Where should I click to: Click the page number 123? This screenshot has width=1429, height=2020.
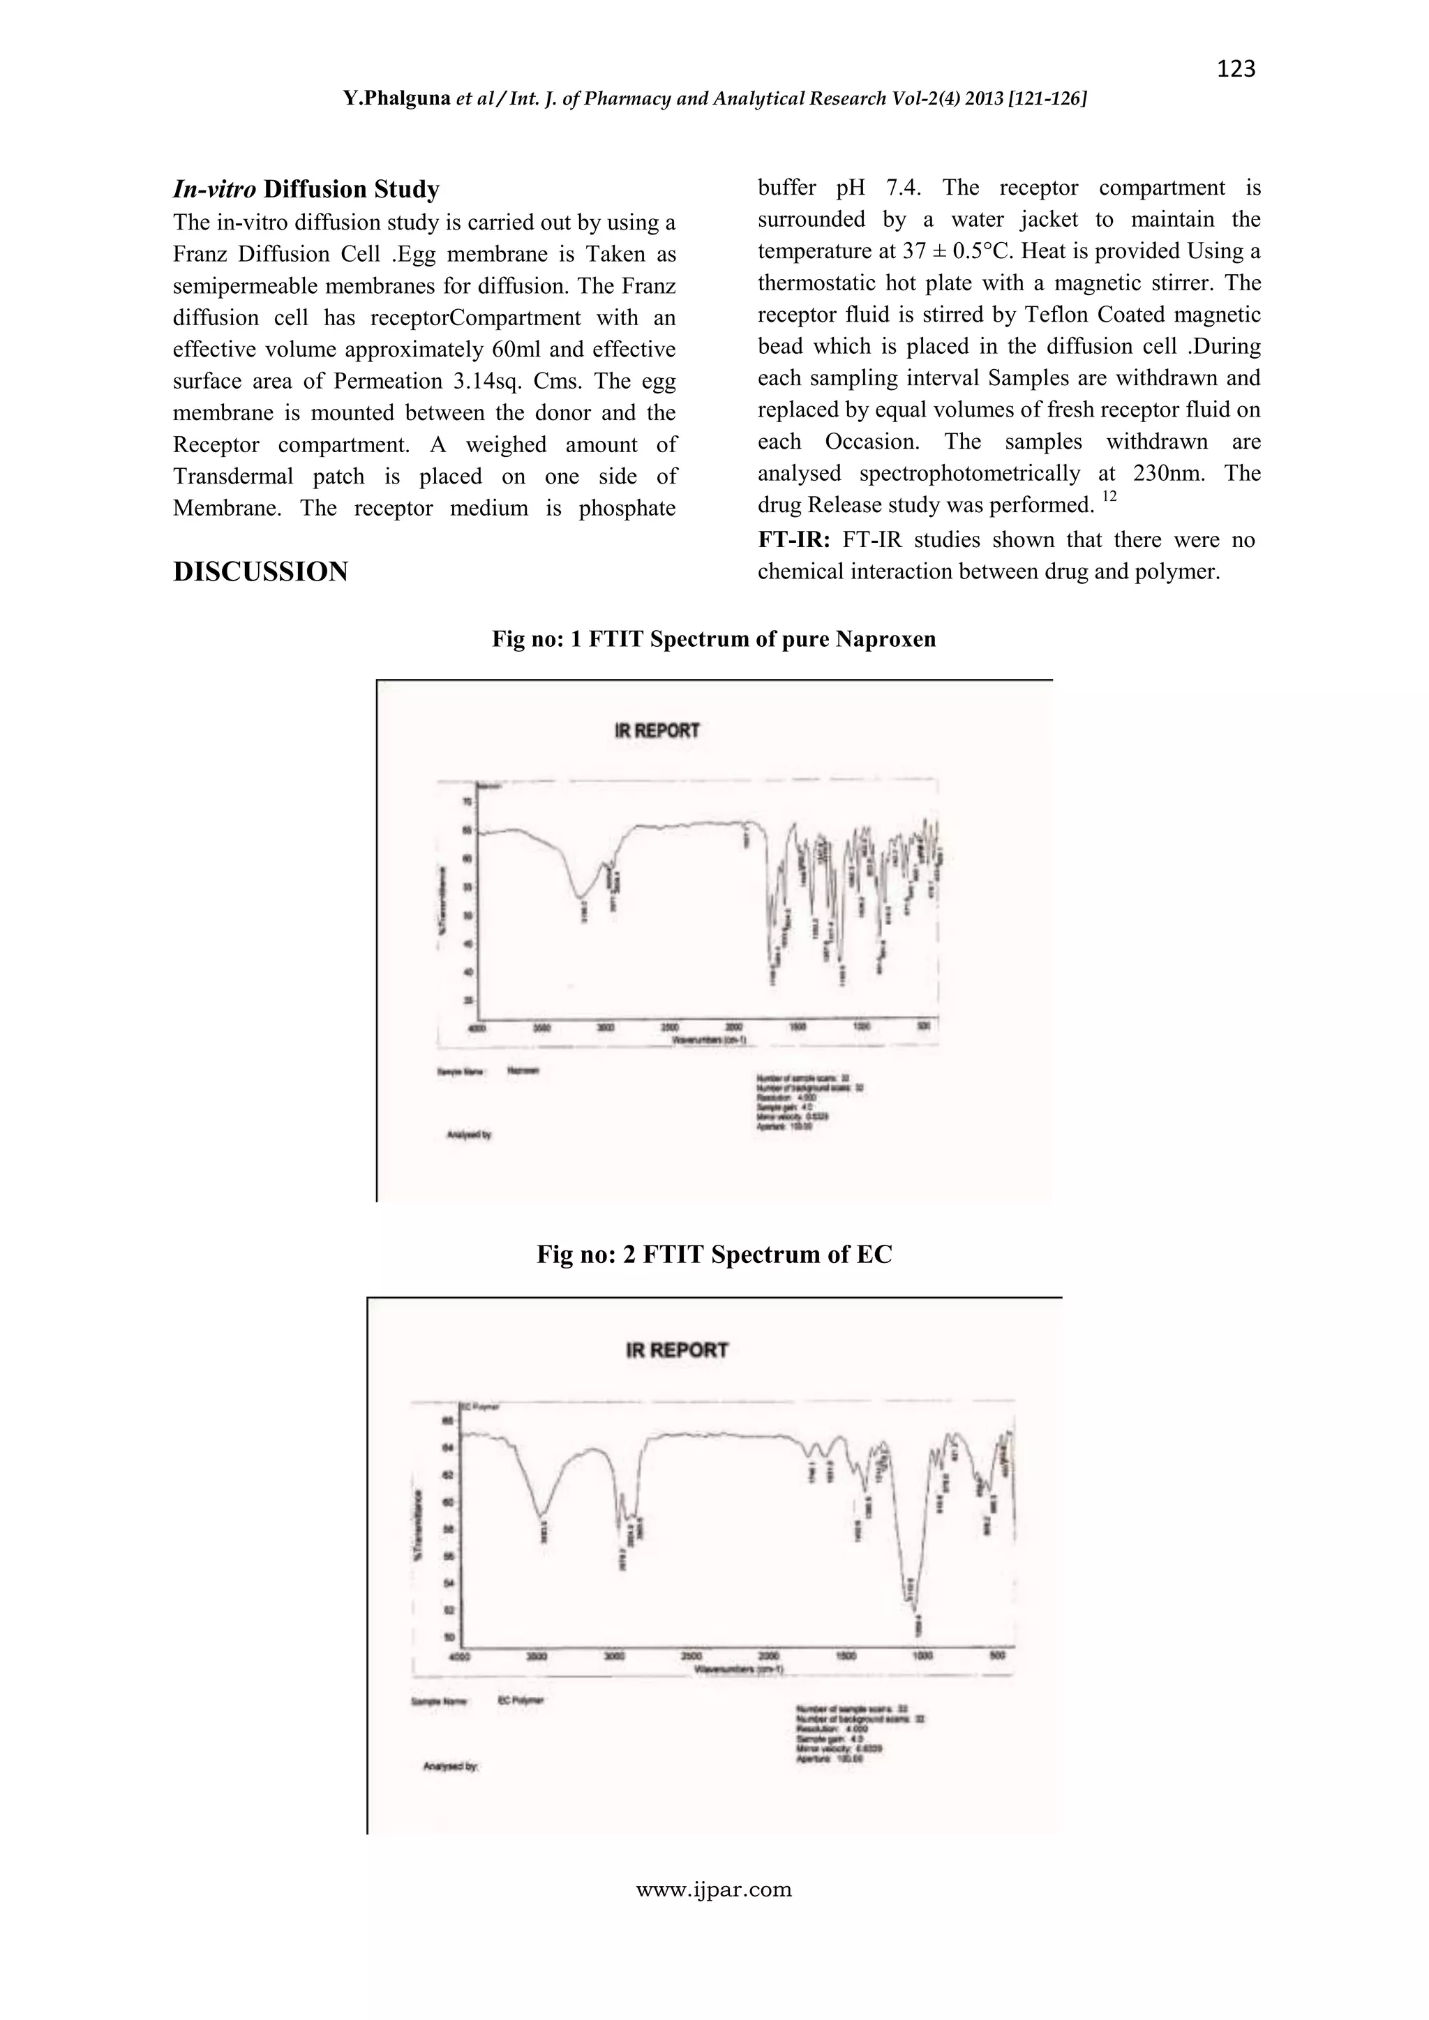point(1236,68)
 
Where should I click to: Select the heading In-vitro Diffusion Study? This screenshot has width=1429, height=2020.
point(306,189)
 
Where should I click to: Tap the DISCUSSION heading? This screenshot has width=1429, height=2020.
point(260,572)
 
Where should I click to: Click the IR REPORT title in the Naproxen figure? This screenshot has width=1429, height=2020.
point(657,731)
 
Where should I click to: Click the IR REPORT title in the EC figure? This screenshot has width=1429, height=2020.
point(677,1349)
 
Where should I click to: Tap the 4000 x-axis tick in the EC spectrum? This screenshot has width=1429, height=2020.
point(459,1656)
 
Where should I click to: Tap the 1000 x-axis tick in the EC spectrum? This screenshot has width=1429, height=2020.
point(922,1656)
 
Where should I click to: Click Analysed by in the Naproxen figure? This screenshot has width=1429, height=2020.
point(469,1135)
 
